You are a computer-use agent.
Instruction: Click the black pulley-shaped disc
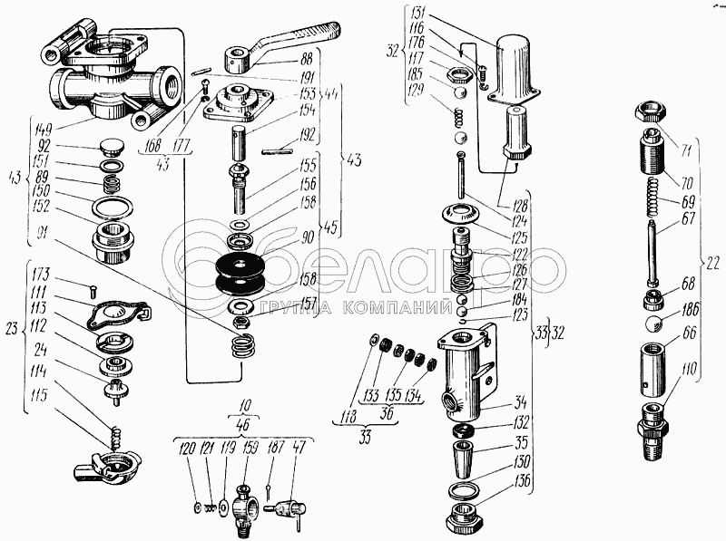tap(244, 272)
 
